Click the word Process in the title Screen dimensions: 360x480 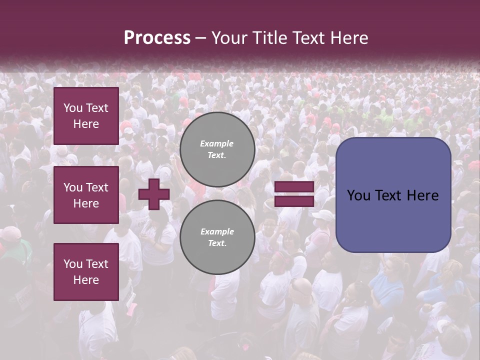157,38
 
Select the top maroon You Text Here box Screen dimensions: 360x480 86,116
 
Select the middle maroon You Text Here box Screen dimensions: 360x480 86,195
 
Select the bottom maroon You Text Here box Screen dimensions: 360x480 86,271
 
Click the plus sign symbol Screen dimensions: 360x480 154,194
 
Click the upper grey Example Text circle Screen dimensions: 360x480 217,149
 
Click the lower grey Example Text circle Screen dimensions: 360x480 217,237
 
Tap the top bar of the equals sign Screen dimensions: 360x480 294,187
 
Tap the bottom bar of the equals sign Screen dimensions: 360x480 294,201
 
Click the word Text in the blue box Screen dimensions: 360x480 392,195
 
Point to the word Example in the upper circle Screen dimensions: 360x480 217,143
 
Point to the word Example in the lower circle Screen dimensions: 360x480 217,231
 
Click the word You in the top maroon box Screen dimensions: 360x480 73,108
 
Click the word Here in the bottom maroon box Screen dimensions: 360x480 86,280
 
